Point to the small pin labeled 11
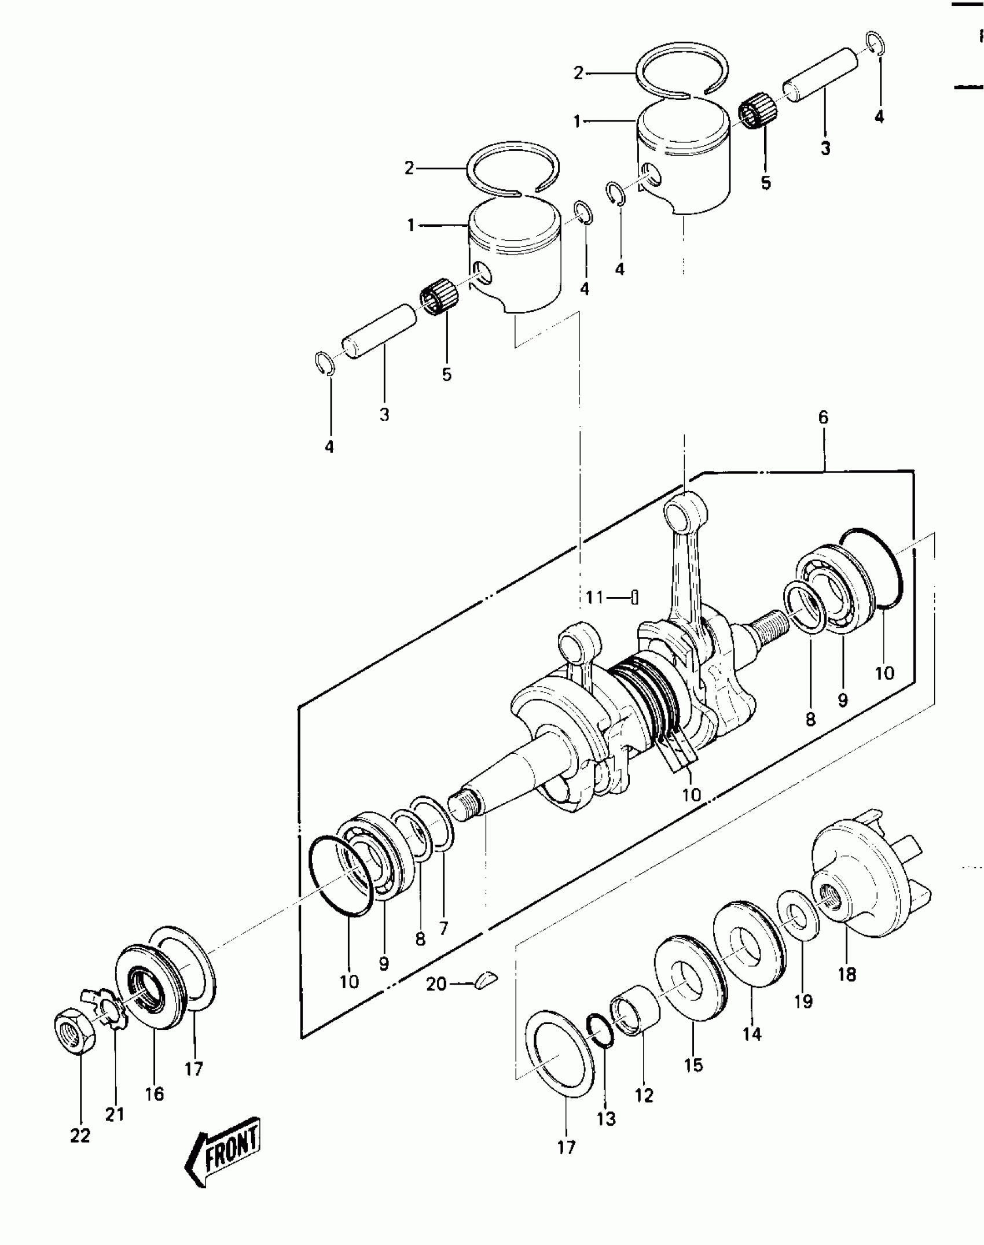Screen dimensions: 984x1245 click(x=634, y=596)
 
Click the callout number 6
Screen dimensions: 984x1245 click(x=823, y=417)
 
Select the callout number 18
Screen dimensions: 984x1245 click(x=846, y=974)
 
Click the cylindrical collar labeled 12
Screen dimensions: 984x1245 click(x=636, y=1012)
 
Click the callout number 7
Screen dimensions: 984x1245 click(x=443, y=945)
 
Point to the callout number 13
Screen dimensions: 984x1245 click(x=606, y=1119)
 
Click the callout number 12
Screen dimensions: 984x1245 click(x=644, y=1095)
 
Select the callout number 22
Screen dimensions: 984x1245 click(x=80, y=1136)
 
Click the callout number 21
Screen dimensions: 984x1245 click(x=115, y=1114)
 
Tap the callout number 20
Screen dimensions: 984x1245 click(x=436, y=984)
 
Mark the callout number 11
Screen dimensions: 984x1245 click(x=594, y=597)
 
